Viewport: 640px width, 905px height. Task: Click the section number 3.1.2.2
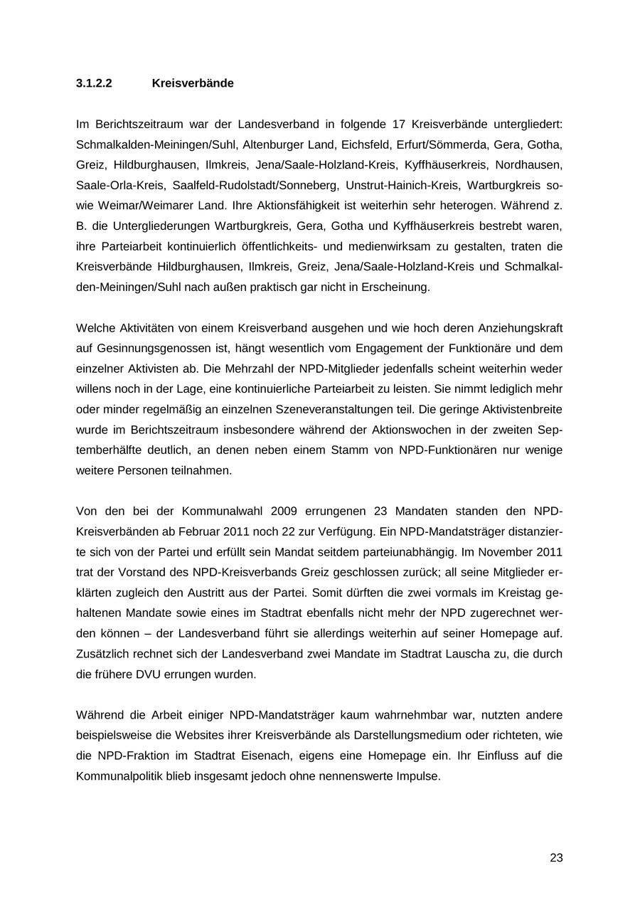point(94,83)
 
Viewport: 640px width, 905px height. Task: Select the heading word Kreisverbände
point(193,83)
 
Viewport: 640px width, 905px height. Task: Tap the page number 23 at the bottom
point(556,858)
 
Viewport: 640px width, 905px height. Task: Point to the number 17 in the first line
point(399,125)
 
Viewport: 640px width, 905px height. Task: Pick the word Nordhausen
point(528,165)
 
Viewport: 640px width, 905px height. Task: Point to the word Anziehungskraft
point(521,328)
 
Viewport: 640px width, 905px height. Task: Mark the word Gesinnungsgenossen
point(142,349)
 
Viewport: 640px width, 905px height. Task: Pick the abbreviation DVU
point(150,674)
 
